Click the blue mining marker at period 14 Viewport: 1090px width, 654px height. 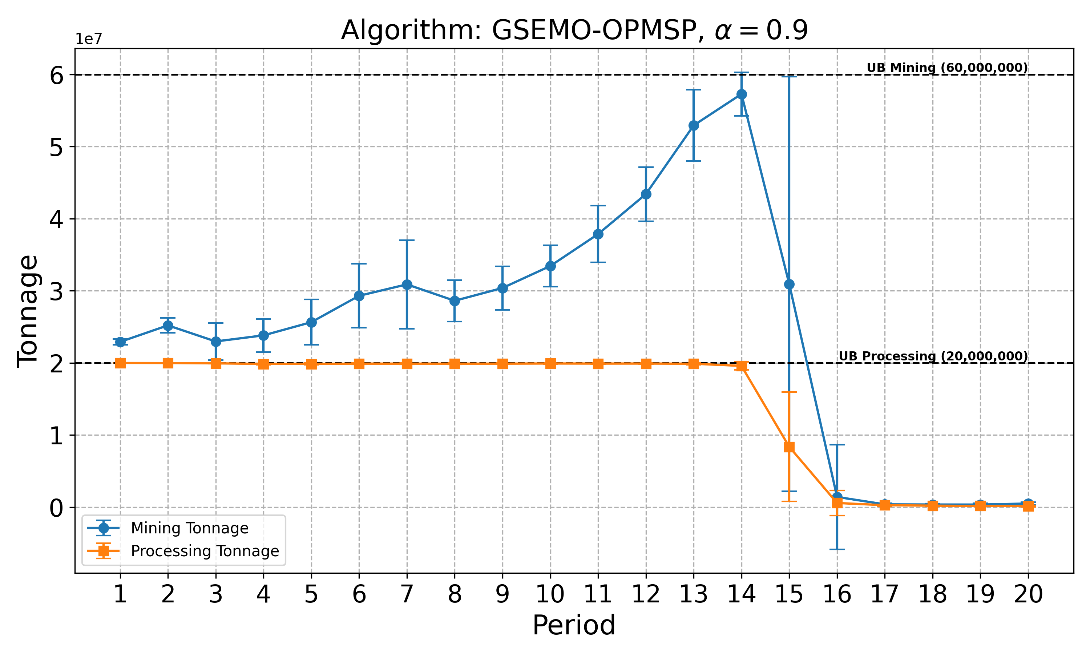pos(742,94)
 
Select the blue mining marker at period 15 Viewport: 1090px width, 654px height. pos(789,284)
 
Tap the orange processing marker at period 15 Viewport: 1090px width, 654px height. pos(789,447)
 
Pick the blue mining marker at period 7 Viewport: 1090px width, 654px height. pos(407,285)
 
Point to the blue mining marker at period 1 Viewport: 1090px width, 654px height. pos(120,342)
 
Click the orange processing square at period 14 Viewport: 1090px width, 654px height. pos(742,366)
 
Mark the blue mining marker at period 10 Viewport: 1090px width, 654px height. pos(550,266)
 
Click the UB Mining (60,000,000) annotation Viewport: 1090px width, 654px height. pos(947,68)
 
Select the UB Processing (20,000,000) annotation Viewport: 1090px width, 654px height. pos(933,356)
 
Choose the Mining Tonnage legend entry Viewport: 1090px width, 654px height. pos(189,528)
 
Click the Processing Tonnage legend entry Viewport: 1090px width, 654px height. pos(205,551)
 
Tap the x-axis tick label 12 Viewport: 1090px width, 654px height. pos(646,595)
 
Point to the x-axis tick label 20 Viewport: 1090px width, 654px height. pos(1028,595)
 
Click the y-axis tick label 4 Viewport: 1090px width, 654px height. pos(57,219)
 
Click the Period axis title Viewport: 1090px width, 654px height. pos(574,625)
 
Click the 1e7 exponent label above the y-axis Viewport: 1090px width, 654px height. pos(89,39)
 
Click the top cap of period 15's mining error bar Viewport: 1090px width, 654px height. pos(789,77)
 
